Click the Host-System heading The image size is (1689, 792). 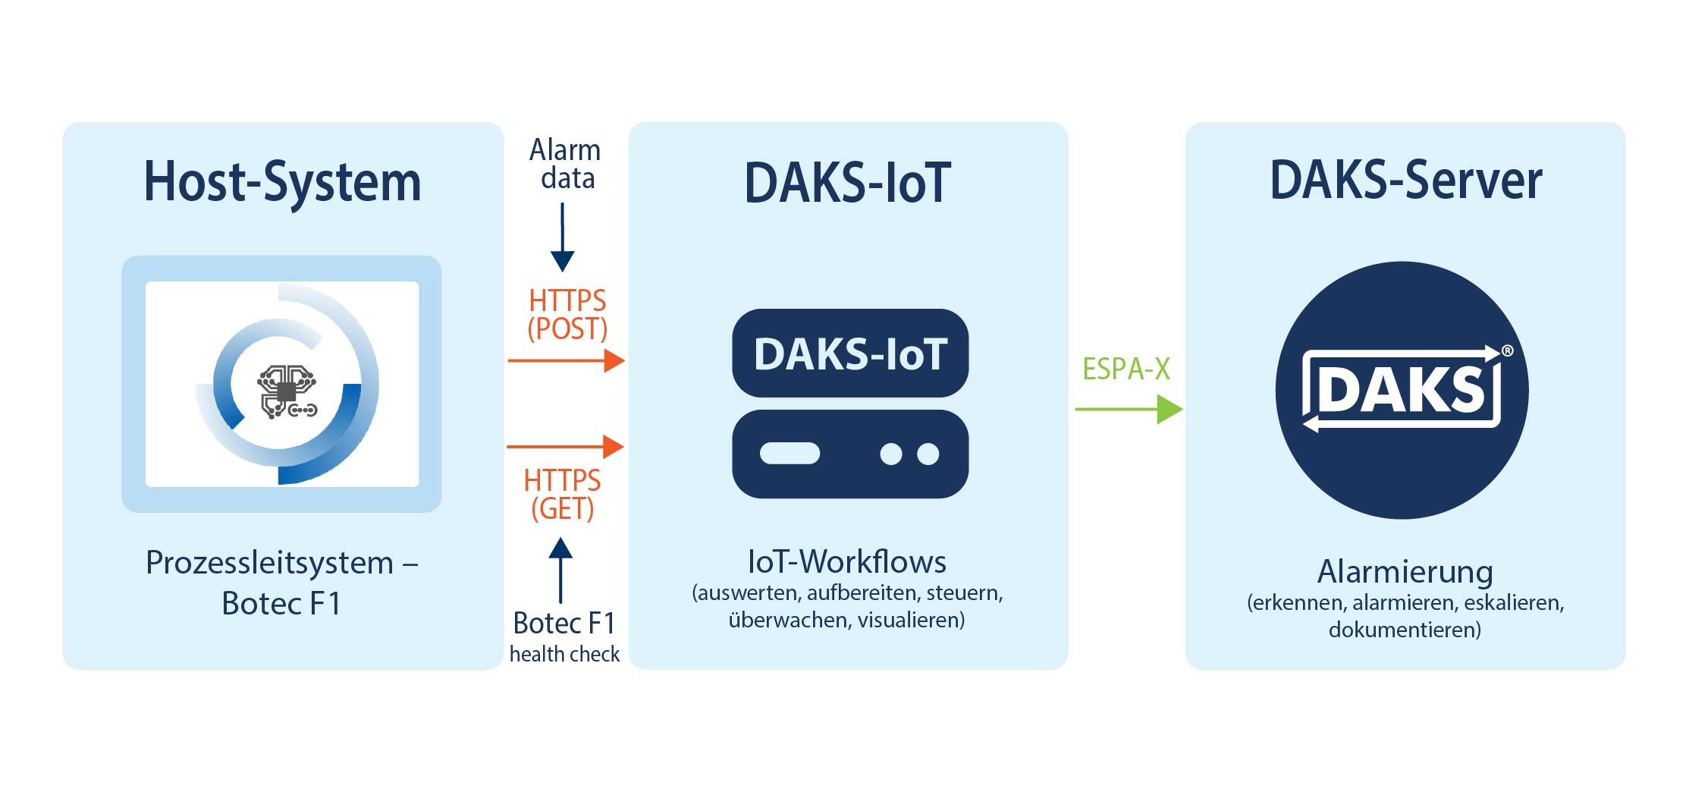click(282, 182)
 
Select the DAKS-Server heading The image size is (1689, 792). click(1405, 181)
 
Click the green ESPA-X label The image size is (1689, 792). click(1125, 369)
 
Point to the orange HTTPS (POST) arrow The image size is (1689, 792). click(566, 361)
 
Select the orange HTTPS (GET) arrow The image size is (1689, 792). click(565, 447)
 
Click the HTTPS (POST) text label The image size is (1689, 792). click(567, 315)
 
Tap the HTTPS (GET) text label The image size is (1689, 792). click(562, 495)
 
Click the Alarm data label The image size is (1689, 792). click(566, 164)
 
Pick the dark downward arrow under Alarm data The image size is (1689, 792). click(562, 237)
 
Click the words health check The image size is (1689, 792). click(564, 654)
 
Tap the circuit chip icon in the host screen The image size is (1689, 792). click(287, 391)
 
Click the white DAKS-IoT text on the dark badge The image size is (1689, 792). click(850, 354)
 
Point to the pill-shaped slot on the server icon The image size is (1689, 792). click(790, 454)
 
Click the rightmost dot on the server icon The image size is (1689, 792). click(928, 454)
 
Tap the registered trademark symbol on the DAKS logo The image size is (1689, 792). click(1507, 350)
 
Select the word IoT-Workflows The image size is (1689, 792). click(846, 562)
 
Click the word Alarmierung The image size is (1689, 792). click(1405, 571)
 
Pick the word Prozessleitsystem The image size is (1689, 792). click(269, 563)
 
